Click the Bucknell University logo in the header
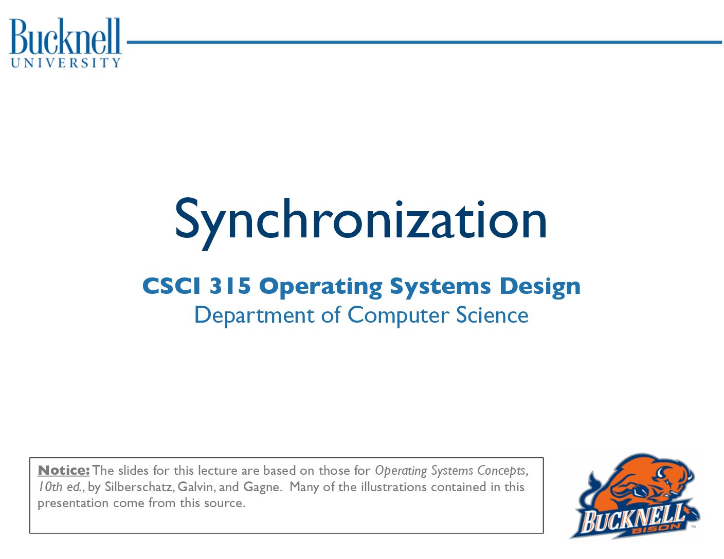[x=65, y=43]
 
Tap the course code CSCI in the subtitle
[x=172, y=286]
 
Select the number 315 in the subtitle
[x=230, y=286]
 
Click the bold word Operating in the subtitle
[x=320, y=287]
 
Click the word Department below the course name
[x=254, y=315]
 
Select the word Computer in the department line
[x=398, y=315]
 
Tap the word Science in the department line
[x=493, y=314]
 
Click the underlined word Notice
[x=64, y=471]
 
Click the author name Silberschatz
[x=140, y=487]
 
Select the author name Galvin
[x=197, y=487]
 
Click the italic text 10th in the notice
[x=50, y=487]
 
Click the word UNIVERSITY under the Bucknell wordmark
[x=65, y=63]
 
